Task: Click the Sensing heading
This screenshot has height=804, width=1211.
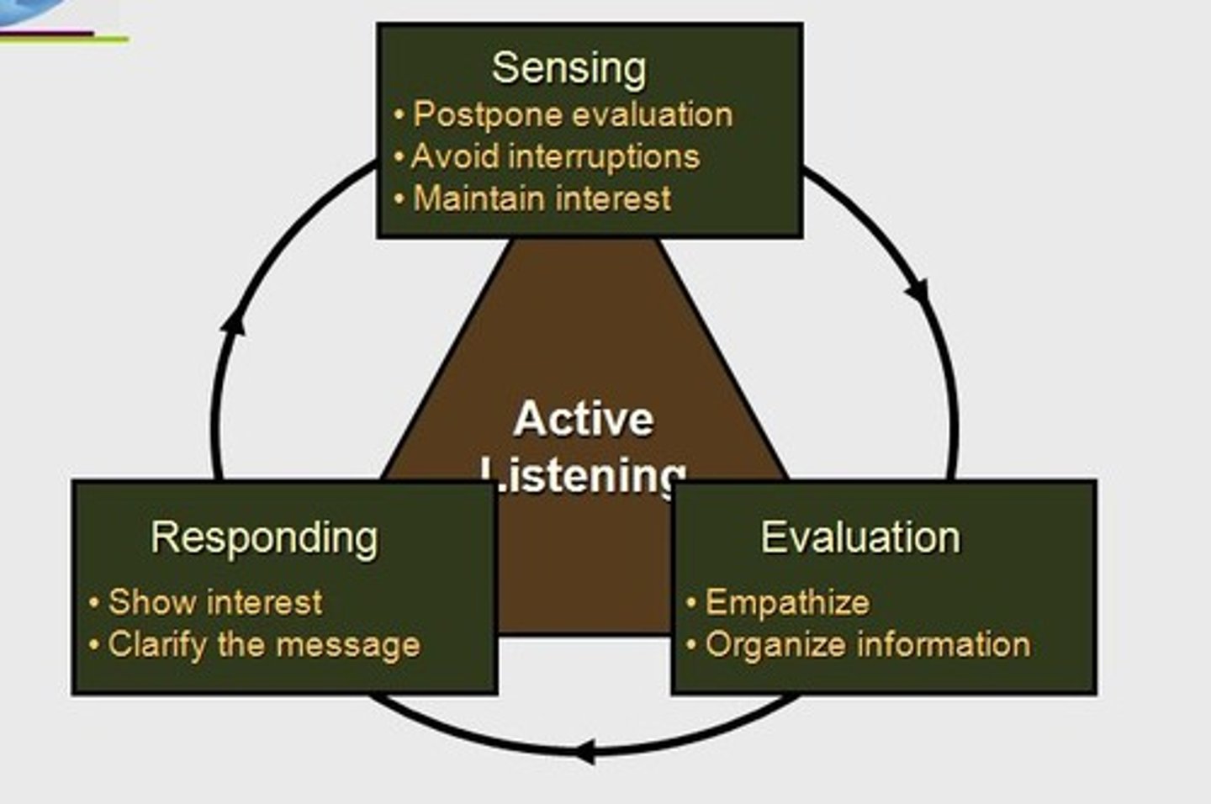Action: point(569,69)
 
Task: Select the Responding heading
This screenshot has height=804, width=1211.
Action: point(264,538)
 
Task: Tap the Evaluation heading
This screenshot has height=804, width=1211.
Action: point(860,537)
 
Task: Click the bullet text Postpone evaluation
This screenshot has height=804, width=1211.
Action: point(573,115)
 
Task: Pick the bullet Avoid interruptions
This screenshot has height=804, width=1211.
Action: point(555,157)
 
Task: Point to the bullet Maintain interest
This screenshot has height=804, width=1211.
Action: point(542,199)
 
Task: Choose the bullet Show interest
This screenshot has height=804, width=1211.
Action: point(215,602)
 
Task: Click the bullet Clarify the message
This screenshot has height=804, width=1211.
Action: point(263,645)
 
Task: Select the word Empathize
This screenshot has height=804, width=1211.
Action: point(787,602)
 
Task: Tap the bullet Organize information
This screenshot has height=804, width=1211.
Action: point(867,645)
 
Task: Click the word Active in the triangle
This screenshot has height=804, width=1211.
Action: point(584,419)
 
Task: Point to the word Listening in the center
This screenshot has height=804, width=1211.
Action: point(584,474)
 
